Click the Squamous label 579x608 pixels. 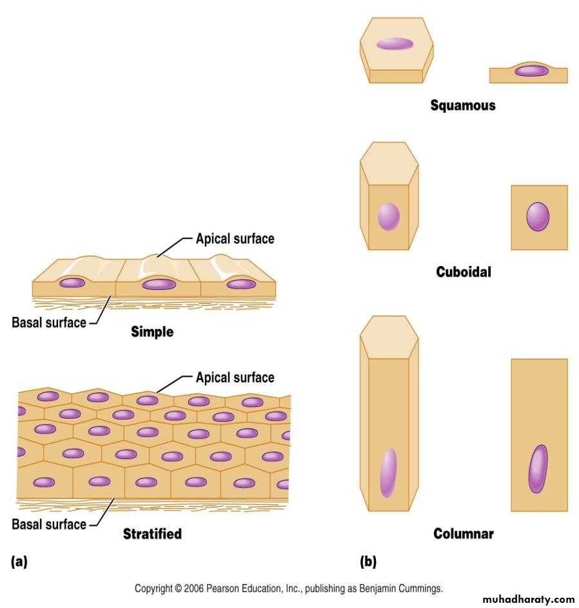coord(463,105)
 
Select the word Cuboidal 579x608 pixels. coord(463,272)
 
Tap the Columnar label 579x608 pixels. coord(463,533)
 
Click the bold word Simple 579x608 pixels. coord(152,332)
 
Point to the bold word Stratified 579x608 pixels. coord(152,533)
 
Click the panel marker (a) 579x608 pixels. coord(19,562)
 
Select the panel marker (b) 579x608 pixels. coord(368,562)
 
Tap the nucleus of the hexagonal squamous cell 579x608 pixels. coord(395,44)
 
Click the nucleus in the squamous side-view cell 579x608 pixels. coord(531,71)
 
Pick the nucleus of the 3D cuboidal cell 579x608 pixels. coord(388,216)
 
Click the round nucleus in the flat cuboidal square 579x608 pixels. coord(538,217)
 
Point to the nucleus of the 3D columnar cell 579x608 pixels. coord(388,473)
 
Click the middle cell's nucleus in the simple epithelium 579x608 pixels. coord(158,284)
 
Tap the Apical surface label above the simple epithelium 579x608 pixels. coord(235,239)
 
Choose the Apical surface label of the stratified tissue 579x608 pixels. coord(235,377)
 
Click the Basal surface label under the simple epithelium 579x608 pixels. coord(48,322)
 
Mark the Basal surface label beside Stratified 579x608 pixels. coord(48,524)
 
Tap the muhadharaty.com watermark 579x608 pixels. coord(527,599)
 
